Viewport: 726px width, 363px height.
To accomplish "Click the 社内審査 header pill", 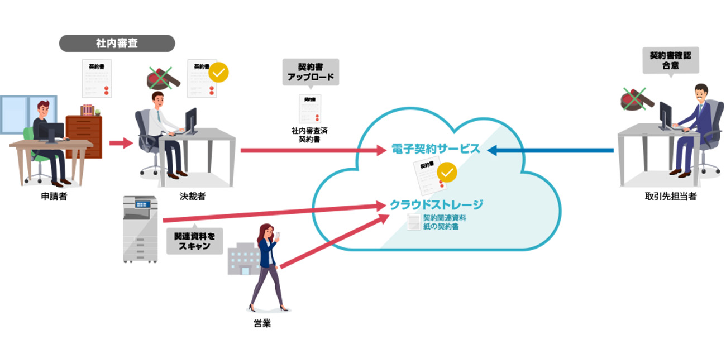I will click(x=117, y=43).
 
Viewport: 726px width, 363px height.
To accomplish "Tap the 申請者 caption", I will click(x=54, y=197).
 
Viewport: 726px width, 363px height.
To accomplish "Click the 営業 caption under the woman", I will click(x=262, y=323).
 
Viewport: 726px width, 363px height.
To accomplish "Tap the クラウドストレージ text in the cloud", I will click(x=436, y=204).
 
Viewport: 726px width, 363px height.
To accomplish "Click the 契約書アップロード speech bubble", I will click(x=311, y=71).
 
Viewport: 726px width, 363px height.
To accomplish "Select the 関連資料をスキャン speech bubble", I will click(x=194, y=240).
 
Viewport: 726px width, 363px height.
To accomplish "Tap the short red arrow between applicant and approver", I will click(x=119, y=144).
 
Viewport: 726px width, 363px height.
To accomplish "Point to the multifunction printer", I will click(x=141, y=229).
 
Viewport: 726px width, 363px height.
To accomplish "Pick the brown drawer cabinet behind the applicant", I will click(x=84, y=134).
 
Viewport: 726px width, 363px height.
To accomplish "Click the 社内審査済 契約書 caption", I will click(x=310, y=135).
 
